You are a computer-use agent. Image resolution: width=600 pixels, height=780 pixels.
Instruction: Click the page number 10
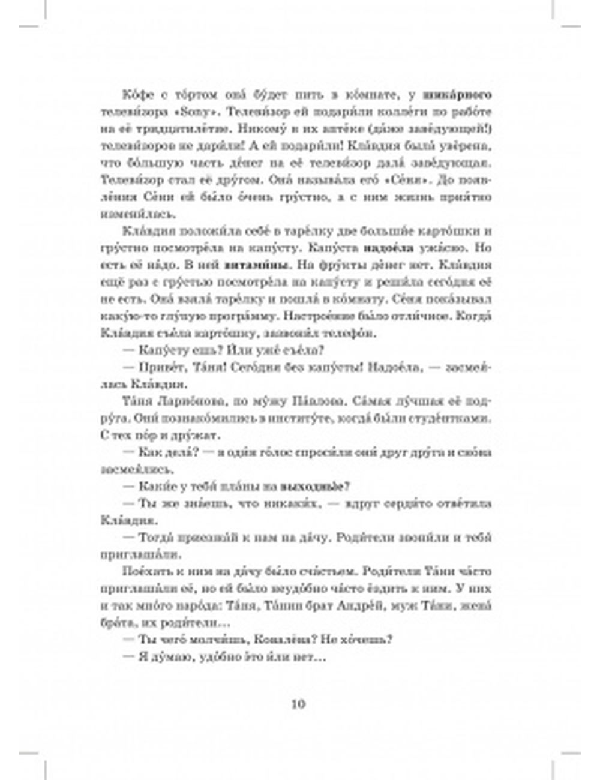298,704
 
